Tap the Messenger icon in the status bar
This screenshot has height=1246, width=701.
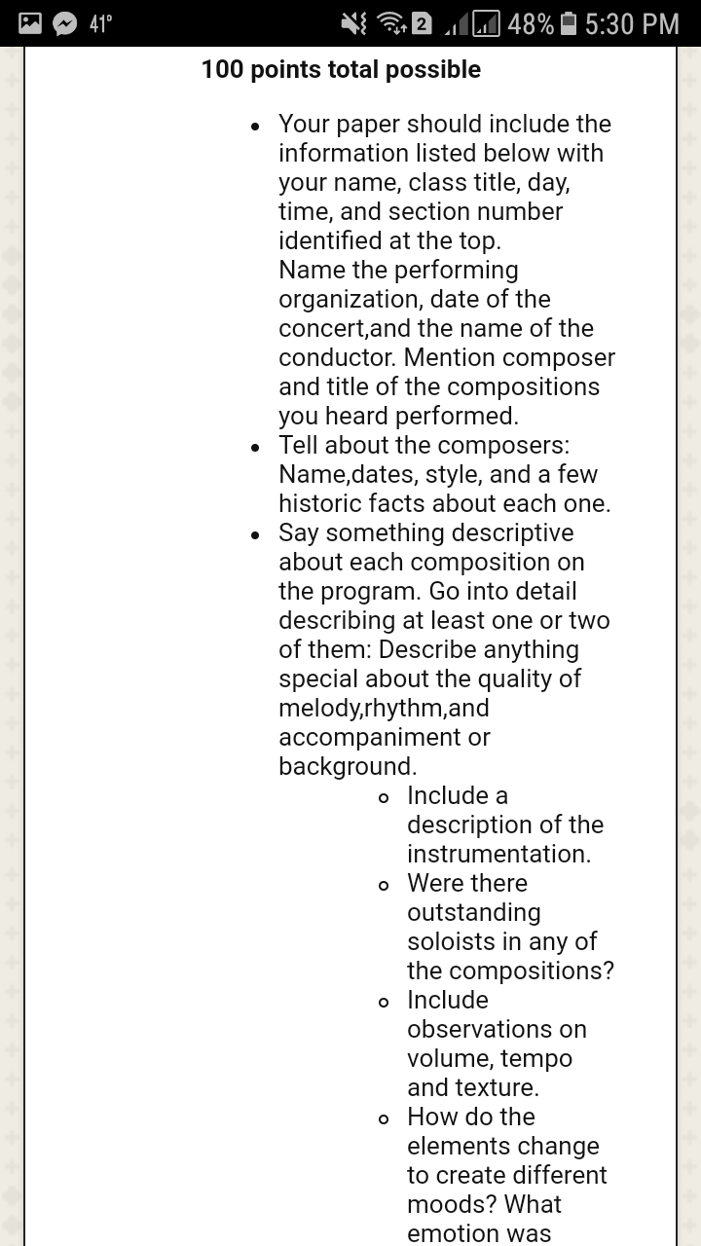coord(64,23)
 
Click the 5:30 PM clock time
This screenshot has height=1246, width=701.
coord(633,23)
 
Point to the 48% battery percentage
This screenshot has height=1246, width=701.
coord(531,23)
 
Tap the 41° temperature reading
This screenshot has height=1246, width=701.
coord(100,23)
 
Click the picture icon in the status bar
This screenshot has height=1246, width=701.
coord(29,23)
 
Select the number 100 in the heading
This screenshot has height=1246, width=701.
coord(223,70)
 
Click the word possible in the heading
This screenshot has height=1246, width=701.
coord(433,70)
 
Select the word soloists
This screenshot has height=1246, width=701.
coord(456,941)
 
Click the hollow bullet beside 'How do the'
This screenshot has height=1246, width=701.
coord(385,1118)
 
